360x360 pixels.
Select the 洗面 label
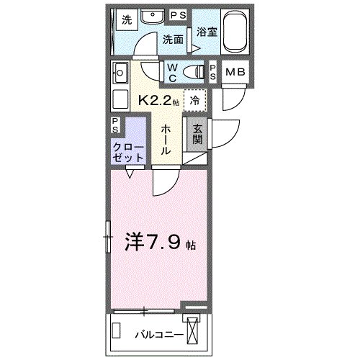click(172, 39)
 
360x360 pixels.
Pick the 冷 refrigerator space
click(195, 101)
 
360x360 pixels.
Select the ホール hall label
click(165, 138)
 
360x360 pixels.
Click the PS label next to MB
click(214, 72)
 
